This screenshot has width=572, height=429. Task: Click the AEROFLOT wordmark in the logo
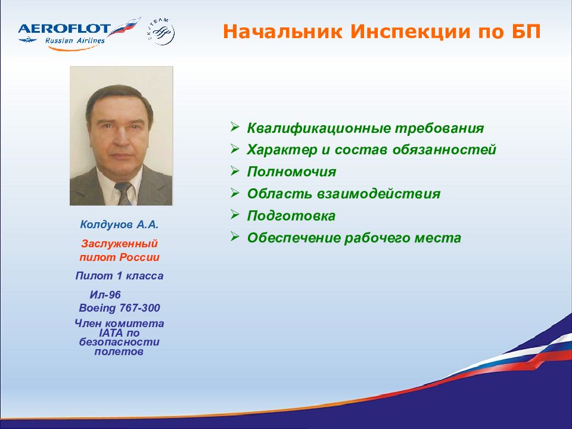pos(64,29)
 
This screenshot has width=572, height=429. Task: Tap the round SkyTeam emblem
pos(161,32)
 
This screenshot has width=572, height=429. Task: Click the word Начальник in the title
pos(282,32)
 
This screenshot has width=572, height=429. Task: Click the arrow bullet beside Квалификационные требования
pos(235,126)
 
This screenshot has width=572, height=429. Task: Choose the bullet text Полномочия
pos(291,172)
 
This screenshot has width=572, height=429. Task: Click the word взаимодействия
pos(378,194)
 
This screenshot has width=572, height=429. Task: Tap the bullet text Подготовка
pos(291,216)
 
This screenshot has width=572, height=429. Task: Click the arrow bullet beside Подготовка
pos(235,214)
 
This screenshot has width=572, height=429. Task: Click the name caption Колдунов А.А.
pos(119,225)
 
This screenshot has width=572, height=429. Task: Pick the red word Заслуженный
pos(119,244)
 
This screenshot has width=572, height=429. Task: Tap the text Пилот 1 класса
pos(119,276)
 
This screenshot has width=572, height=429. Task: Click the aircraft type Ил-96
pos(105,295)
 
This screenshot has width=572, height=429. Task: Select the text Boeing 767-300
pos(119,308)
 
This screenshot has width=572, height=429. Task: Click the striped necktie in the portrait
pos(123,193)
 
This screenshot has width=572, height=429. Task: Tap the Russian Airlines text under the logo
pos(75,41)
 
